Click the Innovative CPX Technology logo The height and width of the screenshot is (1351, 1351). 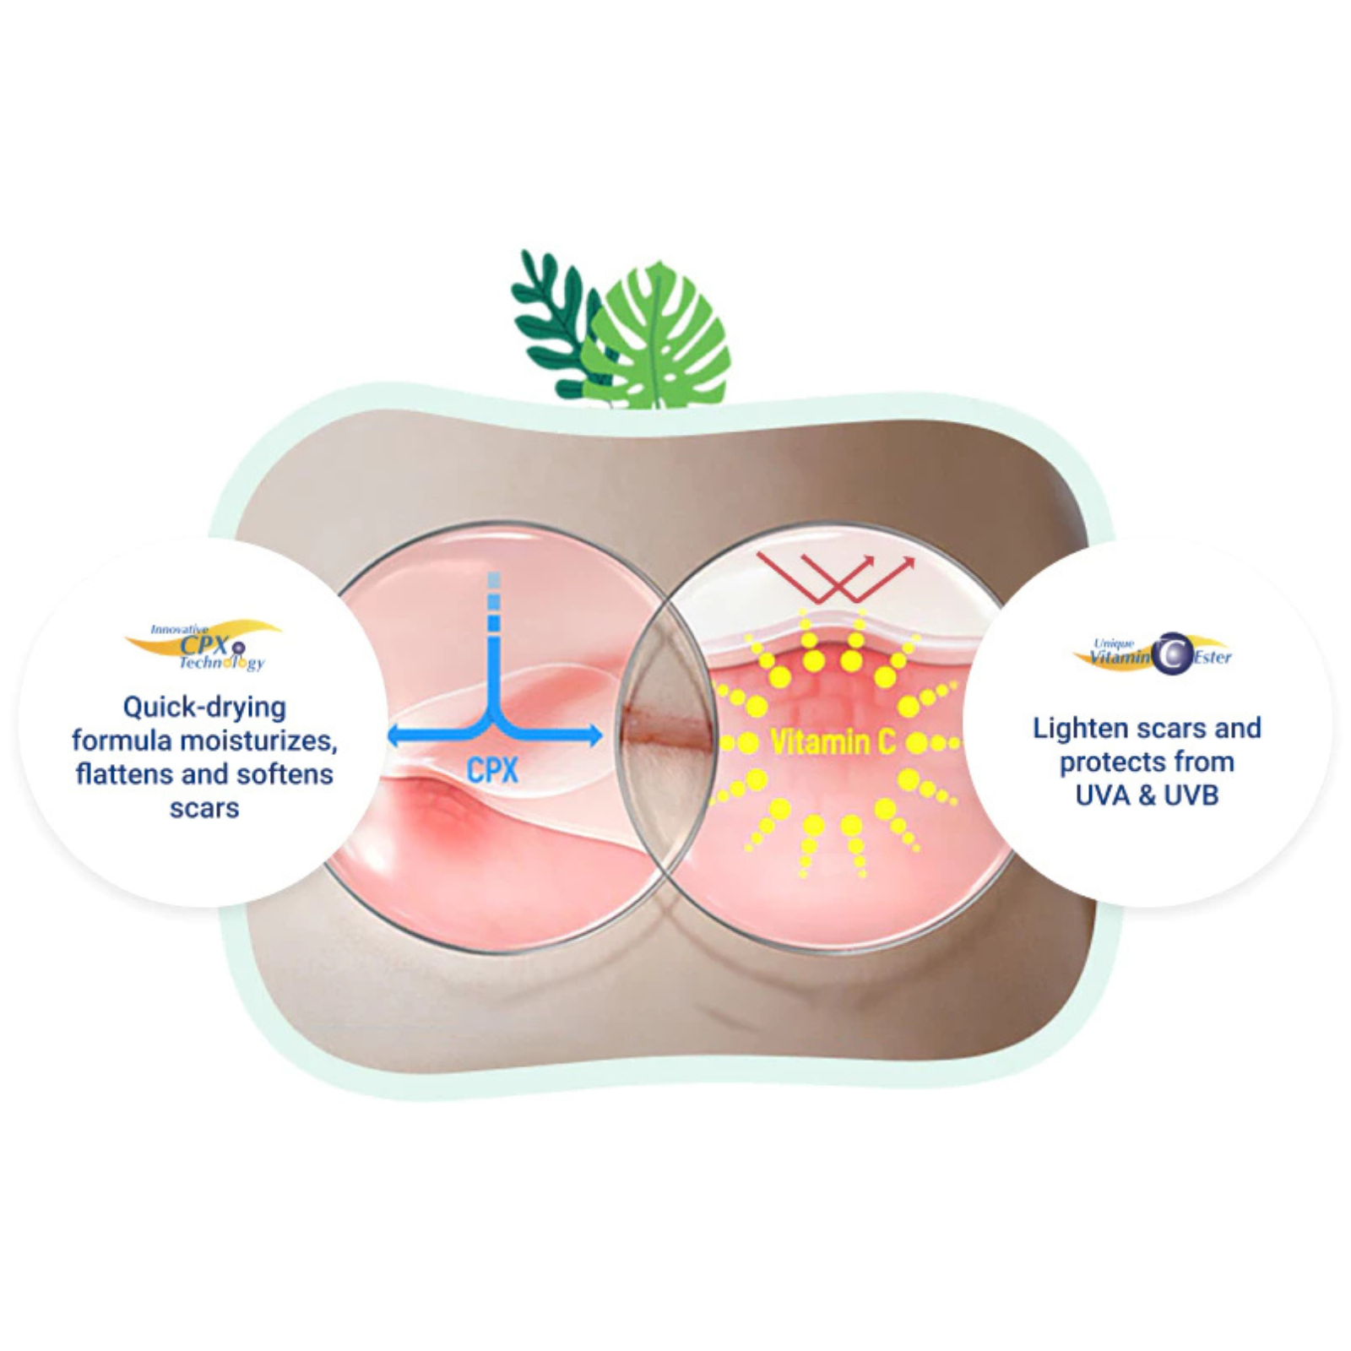tap(203, 646)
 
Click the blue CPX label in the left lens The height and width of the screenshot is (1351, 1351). tap(492, 770)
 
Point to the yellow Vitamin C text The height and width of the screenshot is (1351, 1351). tap(833, 743)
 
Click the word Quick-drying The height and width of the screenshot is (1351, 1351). tap(204, 708)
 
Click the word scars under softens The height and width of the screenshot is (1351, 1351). tap(204, 808)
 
